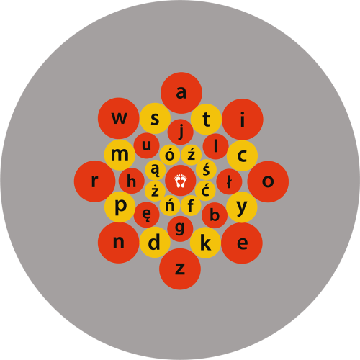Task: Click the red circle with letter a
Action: click(181, 93)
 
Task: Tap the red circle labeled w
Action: click(119, 118)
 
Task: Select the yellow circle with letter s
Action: click(155, 118)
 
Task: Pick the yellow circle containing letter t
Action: click(206, 120)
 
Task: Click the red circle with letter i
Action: click(243, 120)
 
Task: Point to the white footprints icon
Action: click(181, 181)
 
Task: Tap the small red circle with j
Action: click(181, 132)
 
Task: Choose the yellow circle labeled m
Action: click(120, 155)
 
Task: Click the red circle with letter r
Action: click(94, 181)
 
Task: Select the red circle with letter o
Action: click(268, 181)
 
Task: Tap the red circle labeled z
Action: click(180, 269)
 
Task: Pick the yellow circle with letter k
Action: click(205, 243)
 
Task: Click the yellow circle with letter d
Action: click(155, 242)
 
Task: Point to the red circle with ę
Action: click(146, 215)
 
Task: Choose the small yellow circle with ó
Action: click(170, 155)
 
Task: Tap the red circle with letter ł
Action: click(229, 181)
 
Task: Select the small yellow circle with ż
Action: click(155, 192)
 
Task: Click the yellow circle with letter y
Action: click(242, 207)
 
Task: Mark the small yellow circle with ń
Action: click(170, 206)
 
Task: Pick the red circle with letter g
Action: click(180, 229)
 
